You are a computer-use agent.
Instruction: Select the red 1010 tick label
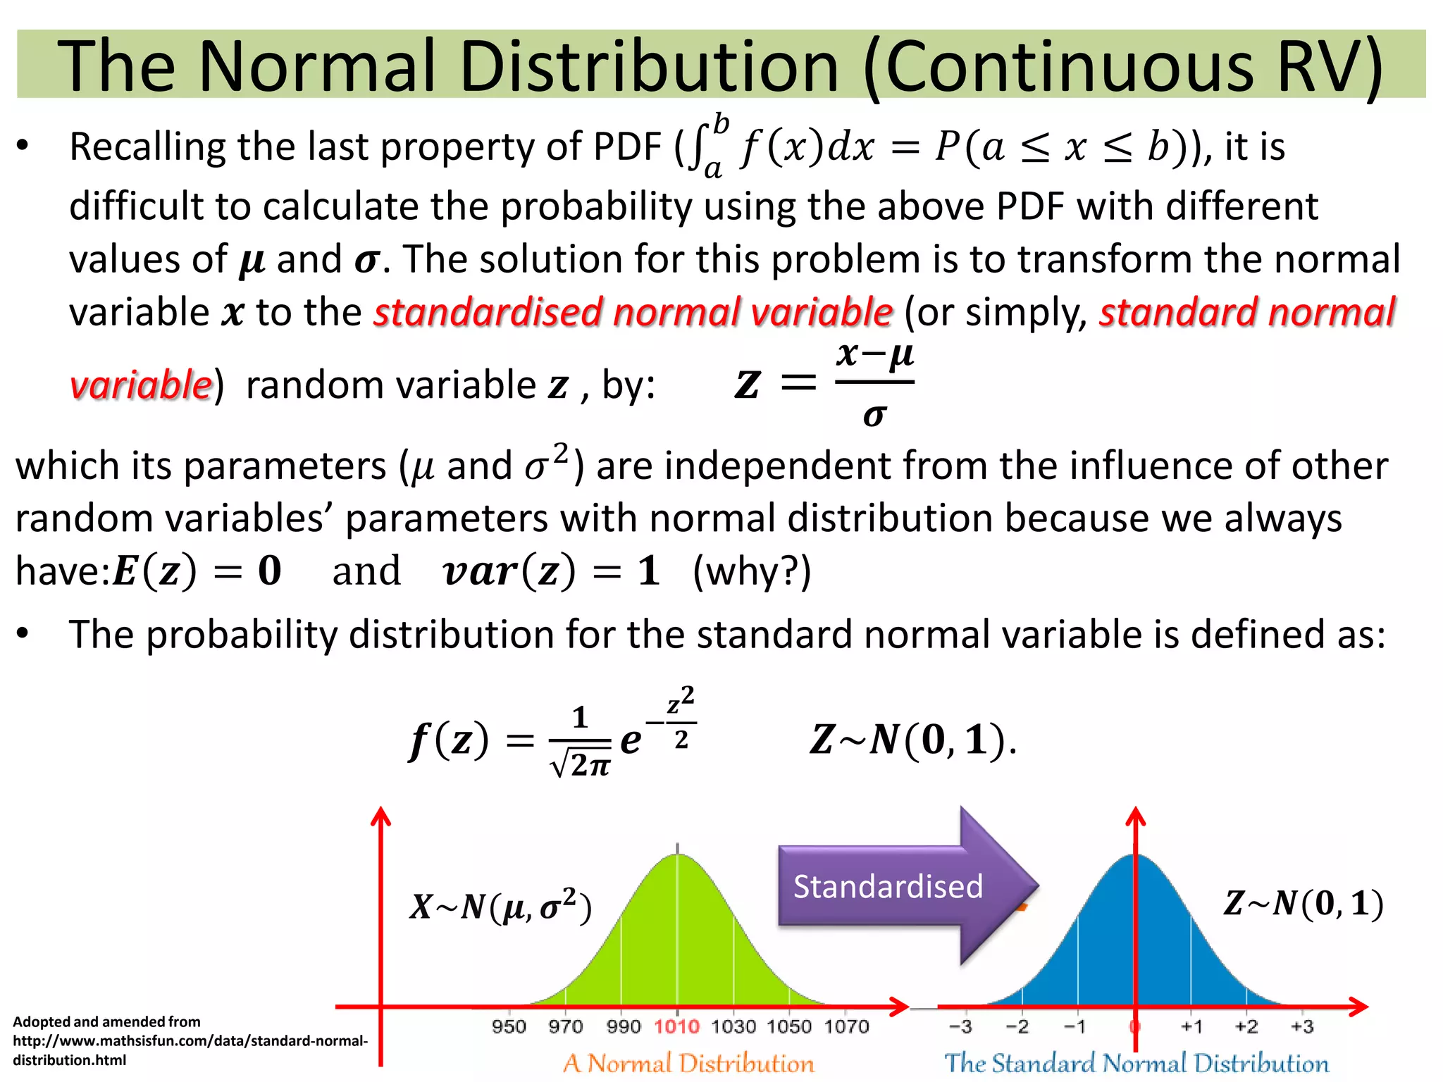point(676,1026)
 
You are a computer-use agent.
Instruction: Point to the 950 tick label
point(509,1026)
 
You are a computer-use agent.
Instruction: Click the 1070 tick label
point(846,1026)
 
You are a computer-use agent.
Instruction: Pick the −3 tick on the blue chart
point(960,1026)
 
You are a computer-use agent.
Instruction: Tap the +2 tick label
point(1246,1026)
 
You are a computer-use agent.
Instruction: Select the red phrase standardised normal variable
point(633,312)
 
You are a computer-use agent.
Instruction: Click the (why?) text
point(752,571)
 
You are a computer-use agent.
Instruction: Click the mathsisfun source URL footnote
point(190,1041)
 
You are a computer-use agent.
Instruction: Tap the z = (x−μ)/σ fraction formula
point(824,384)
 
